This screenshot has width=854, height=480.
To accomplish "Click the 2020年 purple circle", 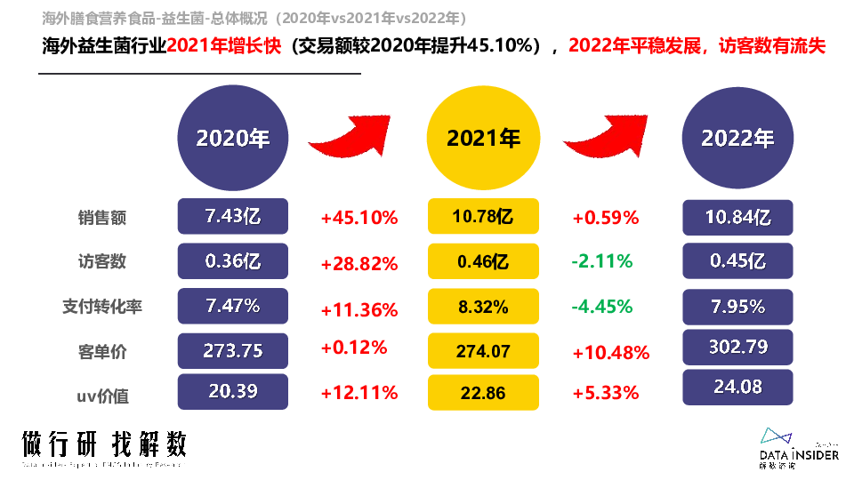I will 233,138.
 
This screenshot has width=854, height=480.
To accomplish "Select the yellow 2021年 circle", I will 483,138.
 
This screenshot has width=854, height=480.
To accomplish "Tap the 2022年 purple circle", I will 737,138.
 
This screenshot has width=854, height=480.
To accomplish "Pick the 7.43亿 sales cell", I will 233,216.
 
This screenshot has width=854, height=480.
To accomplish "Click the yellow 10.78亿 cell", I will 483,217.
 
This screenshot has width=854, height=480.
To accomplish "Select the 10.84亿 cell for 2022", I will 737,217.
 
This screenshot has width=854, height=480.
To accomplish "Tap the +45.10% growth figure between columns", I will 359,217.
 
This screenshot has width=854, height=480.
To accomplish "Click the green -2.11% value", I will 602,261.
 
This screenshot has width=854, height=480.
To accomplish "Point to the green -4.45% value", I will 602,307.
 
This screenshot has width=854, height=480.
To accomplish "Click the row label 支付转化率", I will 101,307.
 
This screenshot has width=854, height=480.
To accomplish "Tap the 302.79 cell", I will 737,346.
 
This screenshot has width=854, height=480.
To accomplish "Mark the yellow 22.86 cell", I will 483,392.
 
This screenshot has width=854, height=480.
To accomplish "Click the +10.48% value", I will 611,352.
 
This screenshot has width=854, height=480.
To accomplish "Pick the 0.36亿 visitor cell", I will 233,261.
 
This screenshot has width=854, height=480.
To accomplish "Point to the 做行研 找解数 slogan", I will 104,444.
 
